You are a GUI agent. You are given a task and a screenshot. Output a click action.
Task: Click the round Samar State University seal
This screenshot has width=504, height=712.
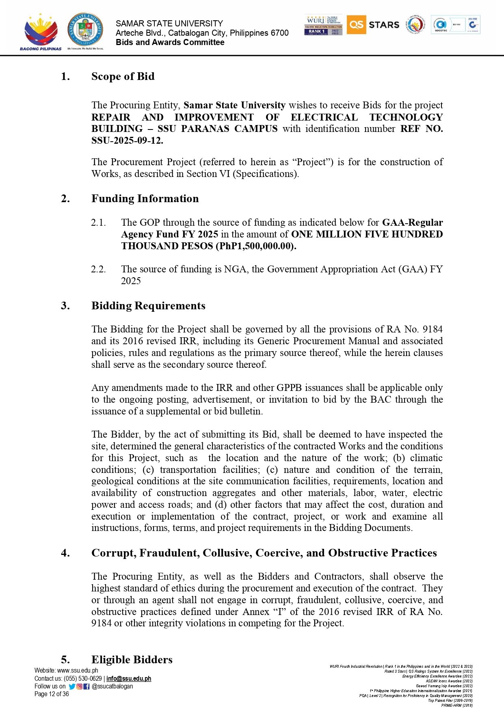pos(85,29)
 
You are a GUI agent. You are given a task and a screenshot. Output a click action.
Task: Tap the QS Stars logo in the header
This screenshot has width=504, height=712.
pos(373,25)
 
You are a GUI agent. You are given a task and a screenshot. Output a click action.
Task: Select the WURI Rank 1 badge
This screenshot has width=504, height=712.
pos(323,25)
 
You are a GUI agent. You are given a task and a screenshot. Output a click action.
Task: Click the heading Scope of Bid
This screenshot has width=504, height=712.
pos(123,76)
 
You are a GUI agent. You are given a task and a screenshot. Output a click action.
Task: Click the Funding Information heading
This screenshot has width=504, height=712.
pos(145,198)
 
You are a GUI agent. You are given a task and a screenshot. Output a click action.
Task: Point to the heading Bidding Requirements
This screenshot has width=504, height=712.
pos(148,306)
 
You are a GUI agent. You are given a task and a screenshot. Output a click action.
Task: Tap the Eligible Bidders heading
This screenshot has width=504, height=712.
pos(132,660)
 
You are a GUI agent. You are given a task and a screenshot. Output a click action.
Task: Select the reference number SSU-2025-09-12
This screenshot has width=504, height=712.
pos(127,140)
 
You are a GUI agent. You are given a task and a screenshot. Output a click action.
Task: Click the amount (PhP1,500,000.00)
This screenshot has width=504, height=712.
pos(255,246)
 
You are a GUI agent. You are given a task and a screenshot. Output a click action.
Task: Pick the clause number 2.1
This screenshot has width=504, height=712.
pos(98,222)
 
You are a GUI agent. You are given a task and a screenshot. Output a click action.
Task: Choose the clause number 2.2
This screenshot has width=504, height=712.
pos(98,269)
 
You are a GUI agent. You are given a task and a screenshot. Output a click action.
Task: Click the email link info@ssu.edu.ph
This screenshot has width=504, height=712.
pos(129,679)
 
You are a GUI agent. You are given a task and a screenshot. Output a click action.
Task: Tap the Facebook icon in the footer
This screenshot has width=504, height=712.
pos(87,686)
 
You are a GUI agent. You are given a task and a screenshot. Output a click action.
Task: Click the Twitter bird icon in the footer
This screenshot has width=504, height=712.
pos(72,686)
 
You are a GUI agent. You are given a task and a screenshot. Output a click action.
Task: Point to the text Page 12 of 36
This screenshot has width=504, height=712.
pos(52,694)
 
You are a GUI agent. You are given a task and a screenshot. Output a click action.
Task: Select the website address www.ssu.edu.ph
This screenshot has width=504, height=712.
pos(78,671)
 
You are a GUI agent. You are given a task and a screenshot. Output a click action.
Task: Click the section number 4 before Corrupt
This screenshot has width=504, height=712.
pos(65,553)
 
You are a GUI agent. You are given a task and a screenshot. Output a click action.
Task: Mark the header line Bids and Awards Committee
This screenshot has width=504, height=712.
pos(170,42)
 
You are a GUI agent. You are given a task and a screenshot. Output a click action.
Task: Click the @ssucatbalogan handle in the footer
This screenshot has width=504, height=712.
pos(112,686)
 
